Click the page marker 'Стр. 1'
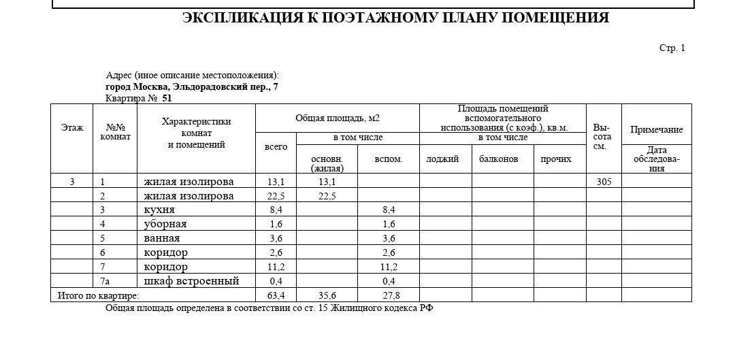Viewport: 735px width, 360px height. [x=672, y=48]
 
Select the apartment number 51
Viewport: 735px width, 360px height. [x=167, y=98]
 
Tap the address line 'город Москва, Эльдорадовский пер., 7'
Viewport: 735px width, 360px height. [x=191, y=87]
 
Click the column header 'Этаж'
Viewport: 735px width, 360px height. [x=72, y=127]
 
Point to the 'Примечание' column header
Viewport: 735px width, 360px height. [x=656, y=130]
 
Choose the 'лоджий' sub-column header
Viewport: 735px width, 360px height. [x=442, y=159]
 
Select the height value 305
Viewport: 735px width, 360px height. [x=603, y=182]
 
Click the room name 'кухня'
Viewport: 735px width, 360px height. [x=159, y=210]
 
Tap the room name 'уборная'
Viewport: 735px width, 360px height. [x=165, y=224]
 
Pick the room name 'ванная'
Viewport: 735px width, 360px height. [x=162, y=238]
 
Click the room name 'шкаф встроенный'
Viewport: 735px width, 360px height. [x=191, y=281]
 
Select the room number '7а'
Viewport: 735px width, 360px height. [x=104, y=281]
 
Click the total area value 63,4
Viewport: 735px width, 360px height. [x=276, y=295]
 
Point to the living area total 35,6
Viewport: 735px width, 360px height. [x=327, y=295]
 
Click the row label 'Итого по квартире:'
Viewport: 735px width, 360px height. [x=98, y=295]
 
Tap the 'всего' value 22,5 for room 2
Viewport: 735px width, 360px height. [x=276, y=196]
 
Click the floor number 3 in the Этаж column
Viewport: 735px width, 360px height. [x=72, y=182]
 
